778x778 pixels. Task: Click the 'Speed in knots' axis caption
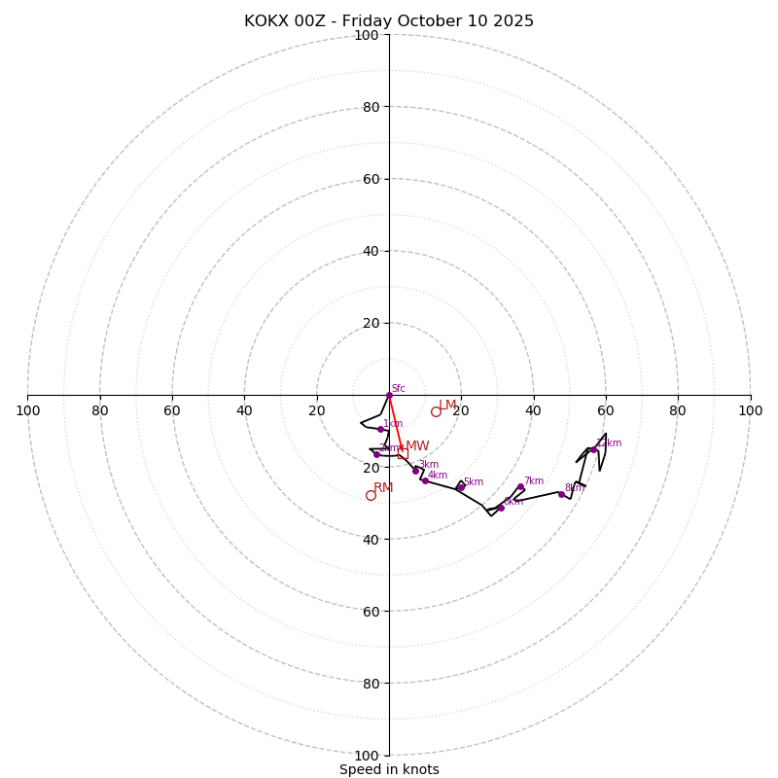(x=389, y=769)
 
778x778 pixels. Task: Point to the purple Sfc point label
(x=398, y=389)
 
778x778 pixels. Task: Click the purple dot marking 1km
(x=380, y=429)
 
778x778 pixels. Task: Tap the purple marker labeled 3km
(x=415, y=471)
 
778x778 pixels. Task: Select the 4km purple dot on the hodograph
(x=425, y=480)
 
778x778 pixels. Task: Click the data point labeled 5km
(x=460, y=487)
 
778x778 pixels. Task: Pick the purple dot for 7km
(x=520, y=486)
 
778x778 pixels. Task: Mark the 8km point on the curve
(x=561, y=494)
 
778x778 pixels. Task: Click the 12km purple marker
(x=593, y=449)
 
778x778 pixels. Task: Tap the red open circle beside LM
(x=436, y=411)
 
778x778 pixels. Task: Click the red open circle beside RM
(x=371, y=495)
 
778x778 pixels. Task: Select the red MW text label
(x=417, y=446)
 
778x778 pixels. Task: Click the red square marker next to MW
(x=401, y=448)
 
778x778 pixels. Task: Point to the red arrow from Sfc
(x=395, y=421)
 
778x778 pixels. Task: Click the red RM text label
(x=383, y=487)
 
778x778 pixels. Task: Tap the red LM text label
(x=447, y=405)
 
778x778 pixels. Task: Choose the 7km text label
(x=534, y=481)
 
